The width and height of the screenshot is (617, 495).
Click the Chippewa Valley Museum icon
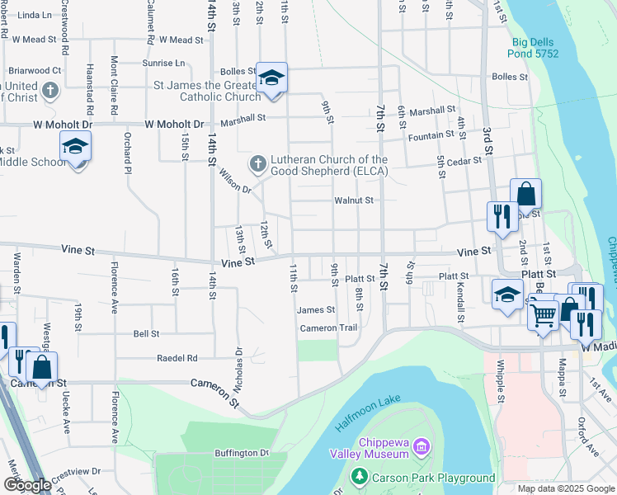[x=422, y=447]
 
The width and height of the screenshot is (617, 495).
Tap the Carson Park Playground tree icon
[x=359, y=477]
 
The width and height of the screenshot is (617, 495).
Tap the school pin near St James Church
[x=271, y=78]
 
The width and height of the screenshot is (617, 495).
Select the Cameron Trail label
[x=328, y=328]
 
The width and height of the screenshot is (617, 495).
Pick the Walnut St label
[x=354, y=200]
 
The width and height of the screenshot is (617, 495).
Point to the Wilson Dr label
[x=235, y=181]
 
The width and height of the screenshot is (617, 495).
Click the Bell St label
[x=146, y=334]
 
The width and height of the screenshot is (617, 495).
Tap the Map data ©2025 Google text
[x=566, y=488]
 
